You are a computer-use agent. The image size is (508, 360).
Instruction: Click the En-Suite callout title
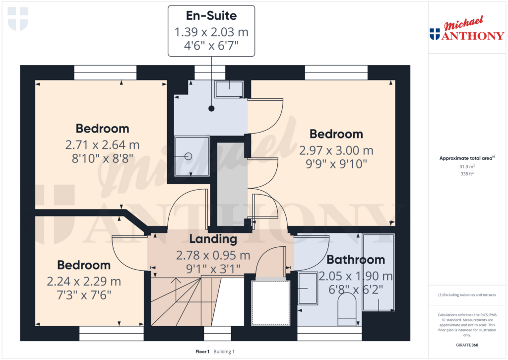tap(211, 16)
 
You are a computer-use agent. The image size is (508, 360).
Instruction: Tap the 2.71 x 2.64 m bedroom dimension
tap(103, 145)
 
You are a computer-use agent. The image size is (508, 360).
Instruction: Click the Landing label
tap(213, 239)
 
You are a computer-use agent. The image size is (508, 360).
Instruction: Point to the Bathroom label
tap(356, 260)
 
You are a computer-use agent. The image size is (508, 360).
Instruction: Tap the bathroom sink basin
tap(308, 288)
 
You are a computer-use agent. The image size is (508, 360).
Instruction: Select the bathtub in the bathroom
tap(378, 272)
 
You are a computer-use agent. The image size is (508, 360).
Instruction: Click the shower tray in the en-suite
tap(191, 156)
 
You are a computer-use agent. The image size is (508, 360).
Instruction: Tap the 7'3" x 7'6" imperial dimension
tap(84, 294)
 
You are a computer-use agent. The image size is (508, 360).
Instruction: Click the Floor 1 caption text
tap(203, 352)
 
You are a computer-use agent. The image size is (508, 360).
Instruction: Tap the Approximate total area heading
tap(466, 158)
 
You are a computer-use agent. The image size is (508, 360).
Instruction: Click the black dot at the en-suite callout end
tap(211, 108)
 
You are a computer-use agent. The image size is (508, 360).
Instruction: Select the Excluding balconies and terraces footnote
tap(467, 294)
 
